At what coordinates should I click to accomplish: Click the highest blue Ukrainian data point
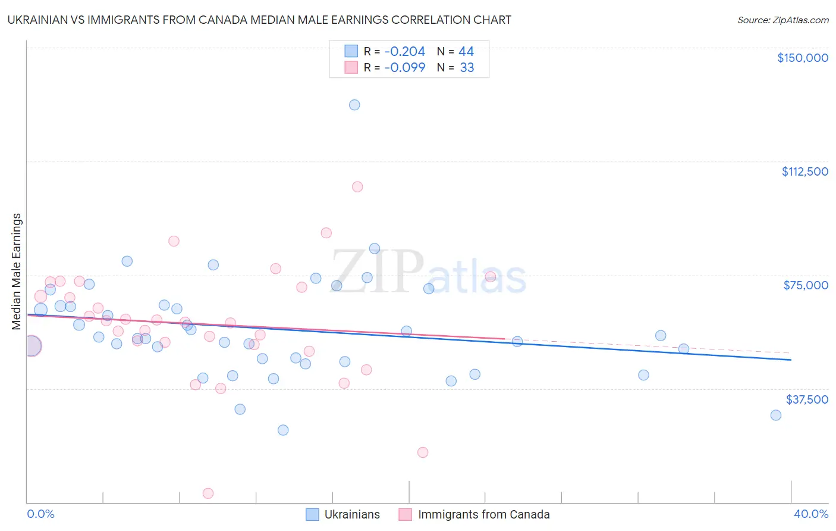354,105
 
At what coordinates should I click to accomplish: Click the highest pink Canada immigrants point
357,187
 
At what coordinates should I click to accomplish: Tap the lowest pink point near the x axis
208,493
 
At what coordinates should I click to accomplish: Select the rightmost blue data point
776,415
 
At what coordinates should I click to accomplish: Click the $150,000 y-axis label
803,58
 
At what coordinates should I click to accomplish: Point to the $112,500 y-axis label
804,171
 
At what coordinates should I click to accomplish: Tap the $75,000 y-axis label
806,285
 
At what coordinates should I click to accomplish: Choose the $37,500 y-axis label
807,399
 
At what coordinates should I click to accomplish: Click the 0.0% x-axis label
41,514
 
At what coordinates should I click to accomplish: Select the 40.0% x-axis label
811,514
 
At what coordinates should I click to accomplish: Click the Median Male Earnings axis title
17,271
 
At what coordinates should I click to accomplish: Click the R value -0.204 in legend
405,52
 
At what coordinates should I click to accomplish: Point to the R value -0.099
405,68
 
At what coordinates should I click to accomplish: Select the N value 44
466,52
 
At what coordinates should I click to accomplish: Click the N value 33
467,68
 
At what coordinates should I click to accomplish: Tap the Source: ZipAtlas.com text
782,20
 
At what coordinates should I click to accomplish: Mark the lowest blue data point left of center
283,430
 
